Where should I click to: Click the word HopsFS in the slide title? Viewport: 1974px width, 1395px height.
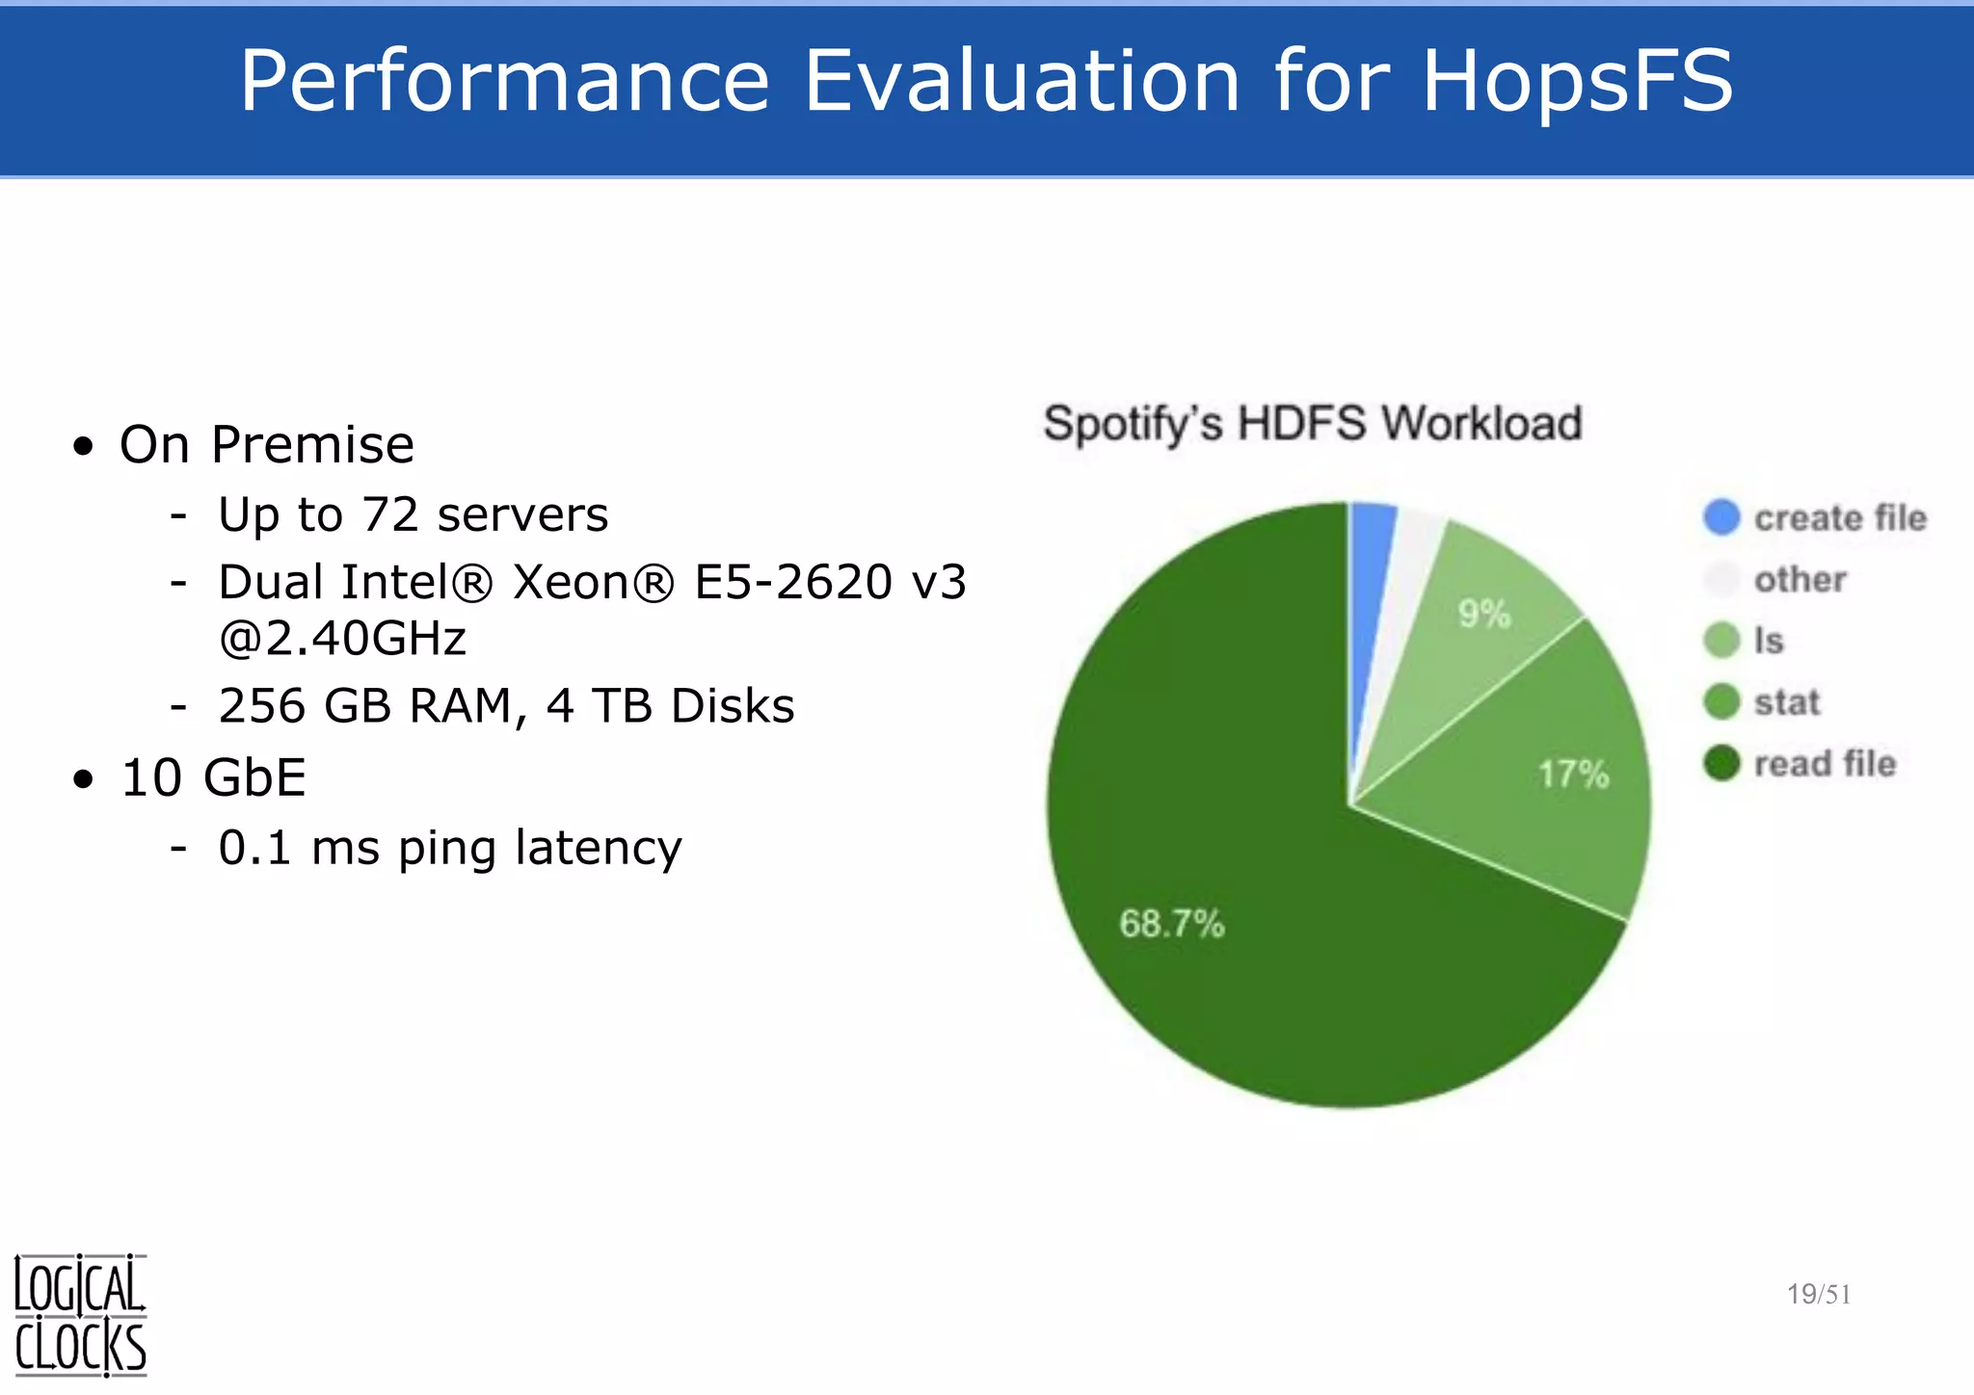(1577, 81)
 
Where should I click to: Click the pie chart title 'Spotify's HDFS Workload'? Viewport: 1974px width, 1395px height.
(1313, 424)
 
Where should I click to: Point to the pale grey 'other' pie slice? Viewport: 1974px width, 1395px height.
(1410, 568)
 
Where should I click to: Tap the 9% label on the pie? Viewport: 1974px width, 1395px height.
(1484, 614)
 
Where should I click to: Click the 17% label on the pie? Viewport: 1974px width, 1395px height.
(1573, 774)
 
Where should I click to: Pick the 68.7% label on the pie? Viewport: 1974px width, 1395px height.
(1171, 923)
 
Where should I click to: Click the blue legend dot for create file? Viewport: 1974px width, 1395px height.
(1721, 517)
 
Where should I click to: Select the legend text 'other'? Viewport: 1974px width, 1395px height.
(1800, 579)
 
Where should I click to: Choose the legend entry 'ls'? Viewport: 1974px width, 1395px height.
(1769, 641)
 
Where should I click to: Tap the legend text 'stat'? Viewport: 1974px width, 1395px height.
(1786, 702)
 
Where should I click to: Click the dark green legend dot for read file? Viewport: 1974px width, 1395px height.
(1721, 764)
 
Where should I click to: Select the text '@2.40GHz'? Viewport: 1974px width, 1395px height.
(343, 638)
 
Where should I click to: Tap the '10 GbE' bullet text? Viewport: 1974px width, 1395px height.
(213, 776)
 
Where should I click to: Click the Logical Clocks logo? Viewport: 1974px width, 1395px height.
(80, 1314)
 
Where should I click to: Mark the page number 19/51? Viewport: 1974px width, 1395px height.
(1818, 1294)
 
